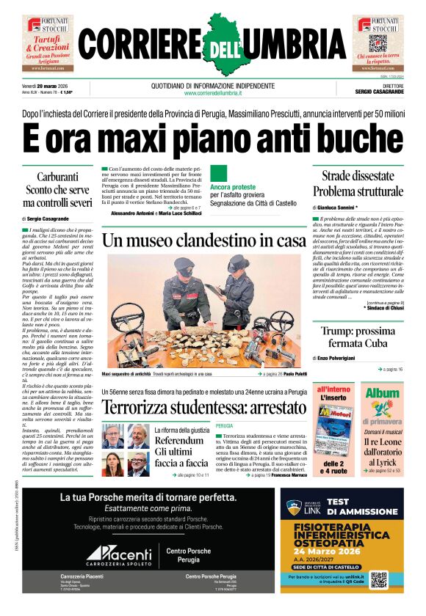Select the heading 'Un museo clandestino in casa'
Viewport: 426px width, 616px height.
[203, 240]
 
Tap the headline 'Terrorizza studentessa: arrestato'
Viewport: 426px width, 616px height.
[203, 406]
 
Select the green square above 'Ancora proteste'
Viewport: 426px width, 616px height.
[218, 173]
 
